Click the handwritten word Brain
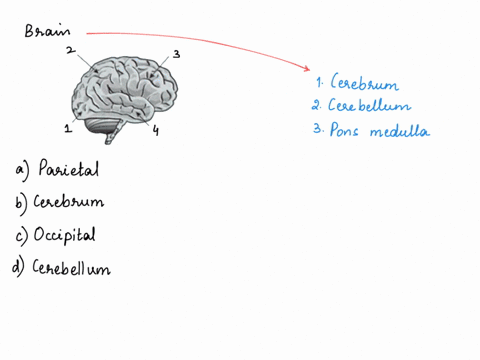tap(49, 30)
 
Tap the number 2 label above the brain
tap(69, 49)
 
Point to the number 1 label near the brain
tap(67, 128)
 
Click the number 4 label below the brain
tap(156, 129)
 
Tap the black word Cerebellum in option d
tap(72, 268)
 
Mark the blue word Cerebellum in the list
tap(369, 106)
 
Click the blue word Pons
tap(344, 130)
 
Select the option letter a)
tap(22, 171)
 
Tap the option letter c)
tap(21, 235)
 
